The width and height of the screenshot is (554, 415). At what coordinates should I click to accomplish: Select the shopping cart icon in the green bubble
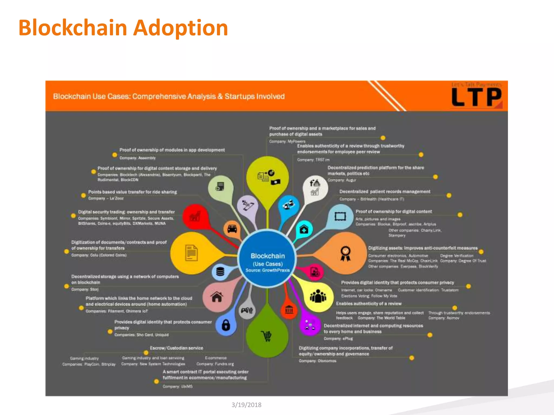(x=267, y=336)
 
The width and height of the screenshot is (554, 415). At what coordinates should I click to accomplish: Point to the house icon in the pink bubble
(x=217, y=297)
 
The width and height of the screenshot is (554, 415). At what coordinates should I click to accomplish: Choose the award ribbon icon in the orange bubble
(x=345, y=253)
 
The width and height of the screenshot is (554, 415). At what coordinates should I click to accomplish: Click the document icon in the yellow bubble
(x=192, y=253)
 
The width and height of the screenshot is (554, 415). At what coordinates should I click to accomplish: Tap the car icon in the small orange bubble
(x=232, y=229)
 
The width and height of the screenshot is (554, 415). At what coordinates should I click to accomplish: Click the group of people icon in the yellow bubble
(x=318, y=296)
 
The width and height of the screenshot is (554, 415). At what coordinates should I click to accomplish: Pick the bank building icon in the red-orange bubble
(x=289, y=310)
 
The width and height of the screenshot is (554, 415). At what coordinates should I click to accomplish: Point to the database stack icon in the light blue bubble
(x=220, y=271)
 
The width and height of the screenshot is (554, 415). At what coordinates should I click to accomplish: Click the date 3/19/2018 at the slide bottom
(x=246, y=405)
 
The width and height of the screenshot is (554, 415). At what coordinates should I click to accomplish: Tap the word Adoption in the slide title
(x=181, y=28)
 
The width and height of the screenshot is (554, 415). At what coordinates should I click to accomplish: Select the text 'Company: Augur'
(x=342, y=180)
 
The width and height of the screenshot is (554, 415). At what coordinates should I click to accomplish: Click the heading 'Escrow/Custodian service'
(x=176, y=348)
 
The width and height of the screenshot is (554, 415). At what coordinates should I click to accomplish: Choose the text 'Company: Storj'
(x=85, y=289)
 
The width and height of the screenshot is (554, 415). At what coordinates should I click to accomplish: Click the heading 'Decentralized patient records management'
(x=385, y=192)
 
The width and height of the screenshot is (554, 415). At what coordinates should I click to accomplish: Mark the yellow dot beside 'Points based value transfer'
(x=83, y=195)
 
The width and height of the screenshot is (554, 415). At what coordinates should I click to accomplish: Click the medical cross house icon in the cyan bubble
(x=304, y=229)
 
